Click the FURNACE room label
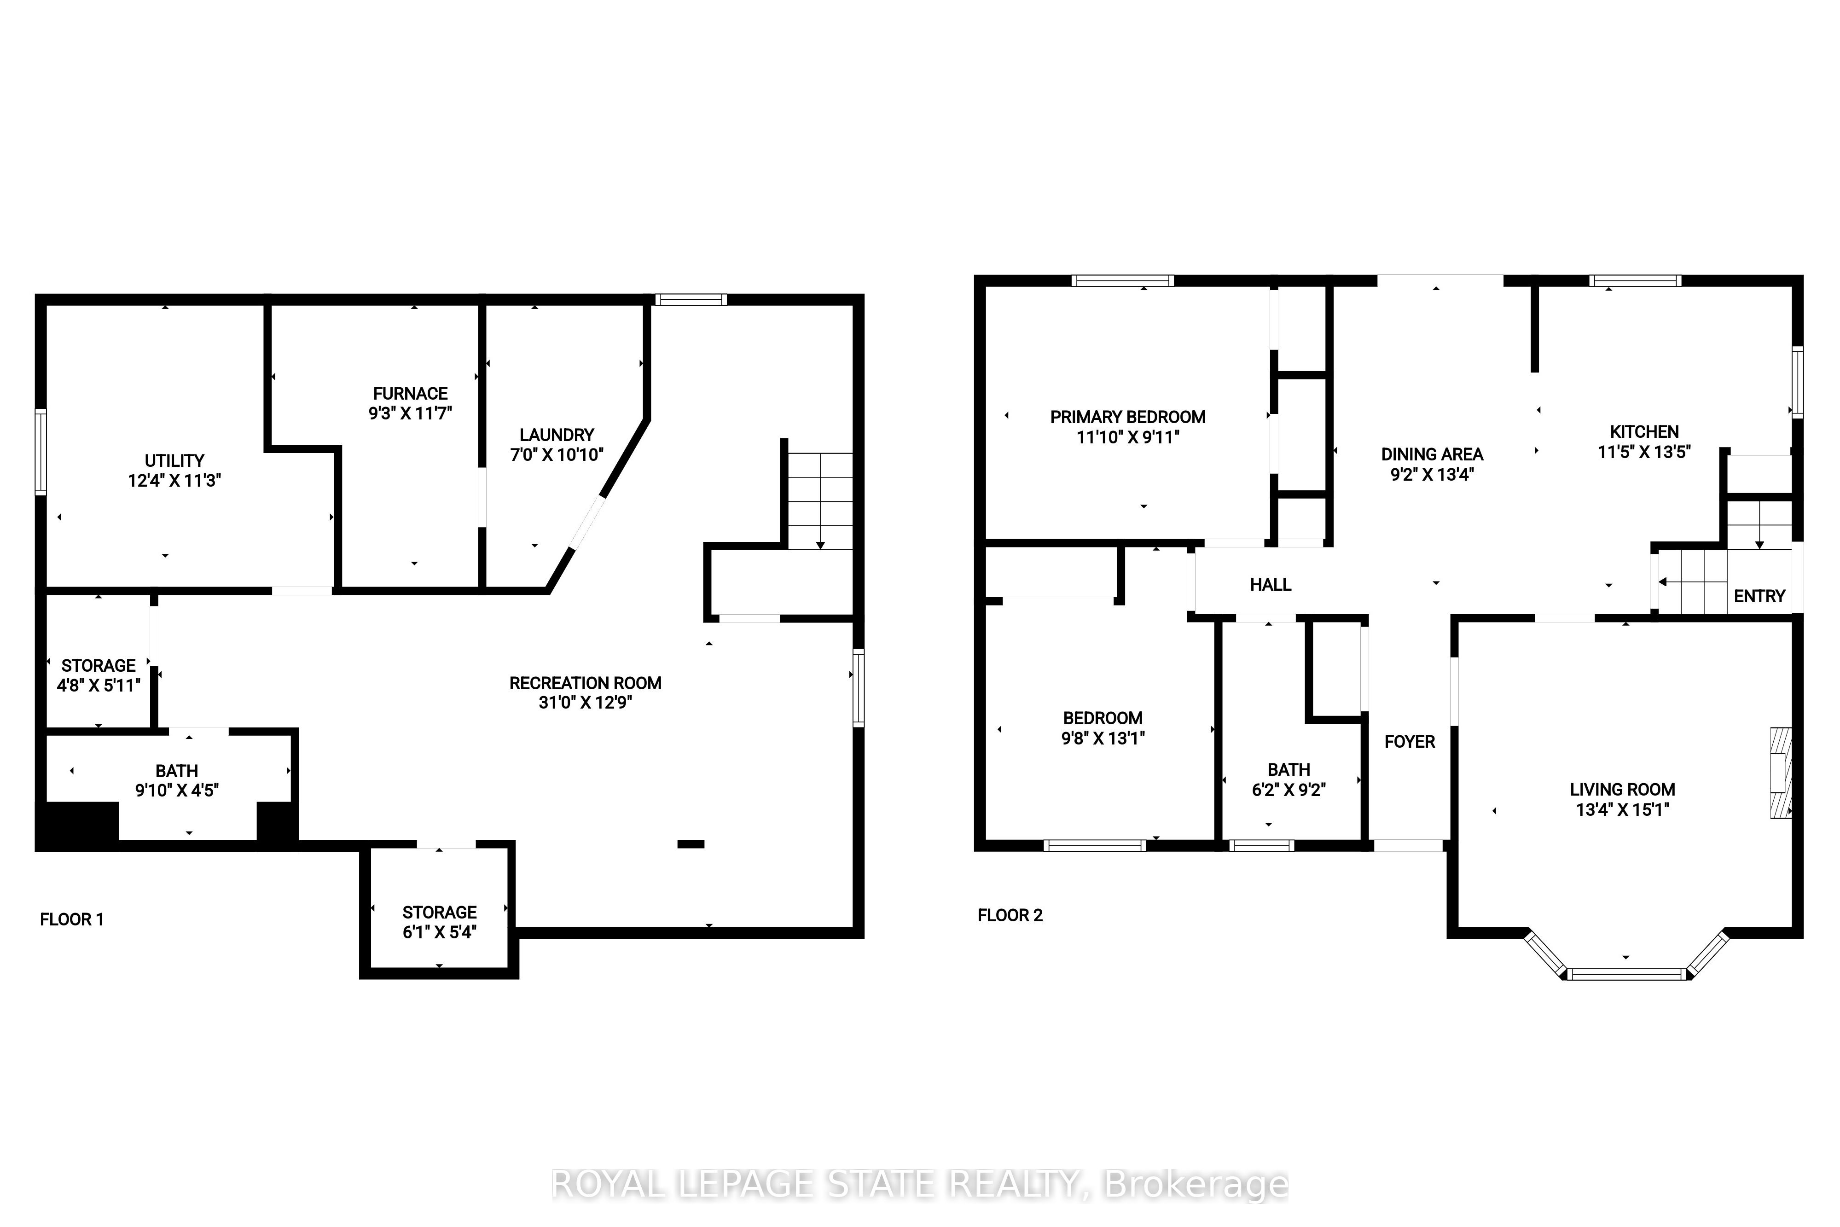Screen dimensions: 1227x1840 [x=410, y=394]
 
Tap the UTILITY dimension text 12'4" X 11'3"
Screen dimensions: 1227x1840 [x=174, y=481]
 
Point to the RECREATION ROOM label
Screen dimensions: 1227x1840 [x=585, y=683]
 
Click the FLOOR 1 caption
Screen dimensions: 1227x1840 [x=72, y=919]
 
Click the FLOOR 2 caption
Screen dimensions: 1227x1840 [x=1010, y=916]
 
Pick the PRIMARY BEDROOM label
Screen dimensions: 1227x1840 [x=1127, y=417]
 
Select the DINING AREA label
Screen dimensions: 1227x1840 [x=1432, y=454]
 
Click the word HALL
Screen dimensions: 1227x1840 [x=1271, y=585]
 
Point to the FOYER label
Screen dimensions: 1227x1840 [x=1410, y=742]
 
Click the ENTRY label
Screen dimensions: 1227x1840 [x=1759, y=596]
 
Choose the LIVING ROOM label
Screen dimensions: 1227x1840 [x=1623, y=790]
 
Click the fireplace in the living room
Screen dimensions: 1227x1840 [x=1781, y=773]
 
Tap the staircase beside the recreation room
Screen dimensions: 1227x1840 [x=819, y=501]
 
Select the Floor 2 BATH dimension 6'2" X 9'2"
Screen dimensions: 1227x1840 [x=1289, y=791]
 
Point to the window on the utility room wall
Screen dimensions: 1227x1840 [x=41, y=452]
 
